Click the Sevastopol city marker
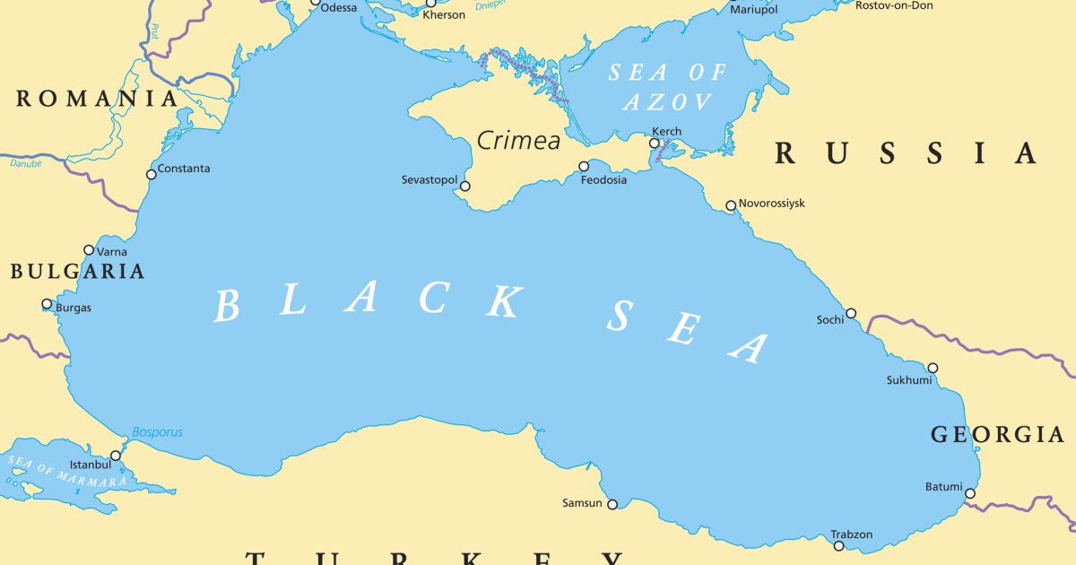point(464,186)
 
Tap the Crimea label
point(518,141)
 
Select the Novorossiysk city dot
point(731,205)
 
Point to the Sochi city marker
point(851,314)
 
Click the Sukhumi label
point(909,380)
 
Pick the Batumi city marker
point(970,493)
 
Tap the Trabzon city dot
point(838,545)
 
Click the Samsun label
point(582,503)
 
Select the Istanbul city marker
point(116,456)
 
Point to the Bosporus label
point(157,432)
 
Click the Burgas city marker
point(48,304)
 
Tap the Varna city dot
point(89,250)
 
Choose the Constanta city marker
point(151,175)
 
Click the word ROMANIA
point(97,99)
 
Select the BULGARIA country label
point(77,272)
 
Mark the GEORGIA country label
point(997,436)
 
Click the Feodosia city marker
point(584,166)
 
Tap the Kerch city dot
point(655,143)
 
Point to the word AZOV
point(668,101)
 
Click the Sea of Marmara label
point(67,472)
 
